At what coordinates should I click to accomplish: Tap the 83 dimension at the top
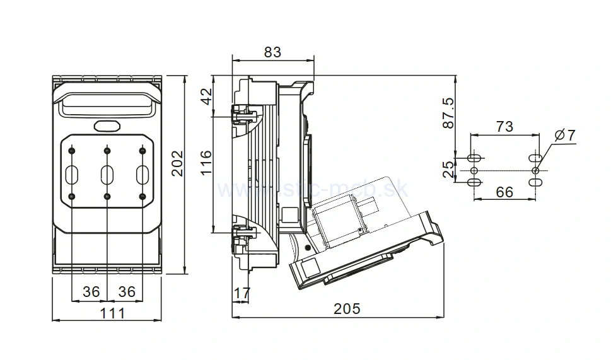(x=272, y=52)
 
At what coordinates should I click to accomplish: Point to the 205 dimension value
(x=347, y=308)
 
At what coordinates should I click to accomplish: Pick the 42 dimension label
(x=204, y=96)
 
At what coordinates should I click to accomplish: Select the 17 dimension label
(x=241, y=293)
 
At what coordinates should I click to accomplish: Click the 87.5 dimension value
(x=448, y=114)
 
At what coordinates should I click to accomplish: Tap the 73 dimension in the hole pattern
(x=504, y=127)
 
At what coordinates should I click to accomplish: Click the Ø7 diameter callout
(x=566, y=136)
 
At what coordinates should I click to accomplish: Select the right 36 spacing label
(x=127, y=292)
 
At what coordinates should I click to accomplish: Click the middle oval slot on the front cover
(x=107, y=173)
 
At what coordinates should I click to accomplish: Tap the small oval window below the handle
(x=107, y=126)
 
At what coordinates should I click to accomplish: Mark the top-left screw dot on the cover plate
(x=73, y=150)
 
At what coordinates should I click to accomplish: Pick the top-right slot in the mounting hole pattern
(x=535, y=157)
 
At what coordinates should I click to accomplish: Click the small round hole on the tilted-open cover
(x=308, y=248)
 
